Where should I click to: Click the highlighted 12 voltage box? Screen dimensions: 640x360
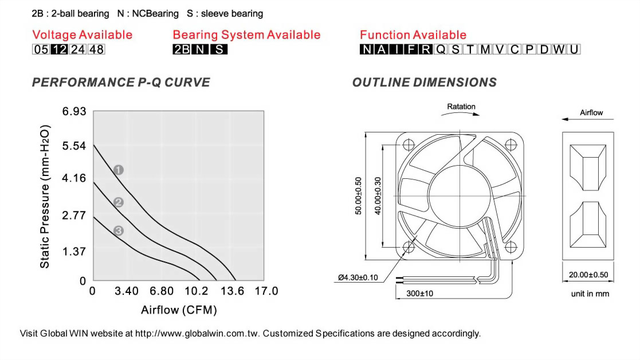[59, 49]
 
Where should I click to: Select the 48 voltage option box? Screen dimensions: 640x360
[96, 49]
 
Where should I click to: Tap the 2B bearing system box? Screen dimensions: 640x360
[182, 49]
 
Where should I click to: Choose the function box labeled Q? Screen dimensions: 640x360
[441, 49]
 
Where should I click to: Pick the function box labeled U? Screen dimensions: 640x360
[574, 49]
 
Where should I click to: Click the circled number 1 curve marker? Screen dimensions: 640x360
[119, 170]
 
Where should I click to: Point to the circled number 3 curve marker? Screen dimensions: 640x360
[119, 230]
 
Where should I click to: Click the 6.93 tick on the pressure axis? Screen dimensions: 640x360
[74, 111]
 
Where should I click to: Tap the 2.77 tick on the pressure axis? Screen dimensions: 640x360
[74, 215]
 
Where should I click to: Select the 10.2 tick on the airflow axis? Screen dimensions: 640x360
[197, 291]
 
